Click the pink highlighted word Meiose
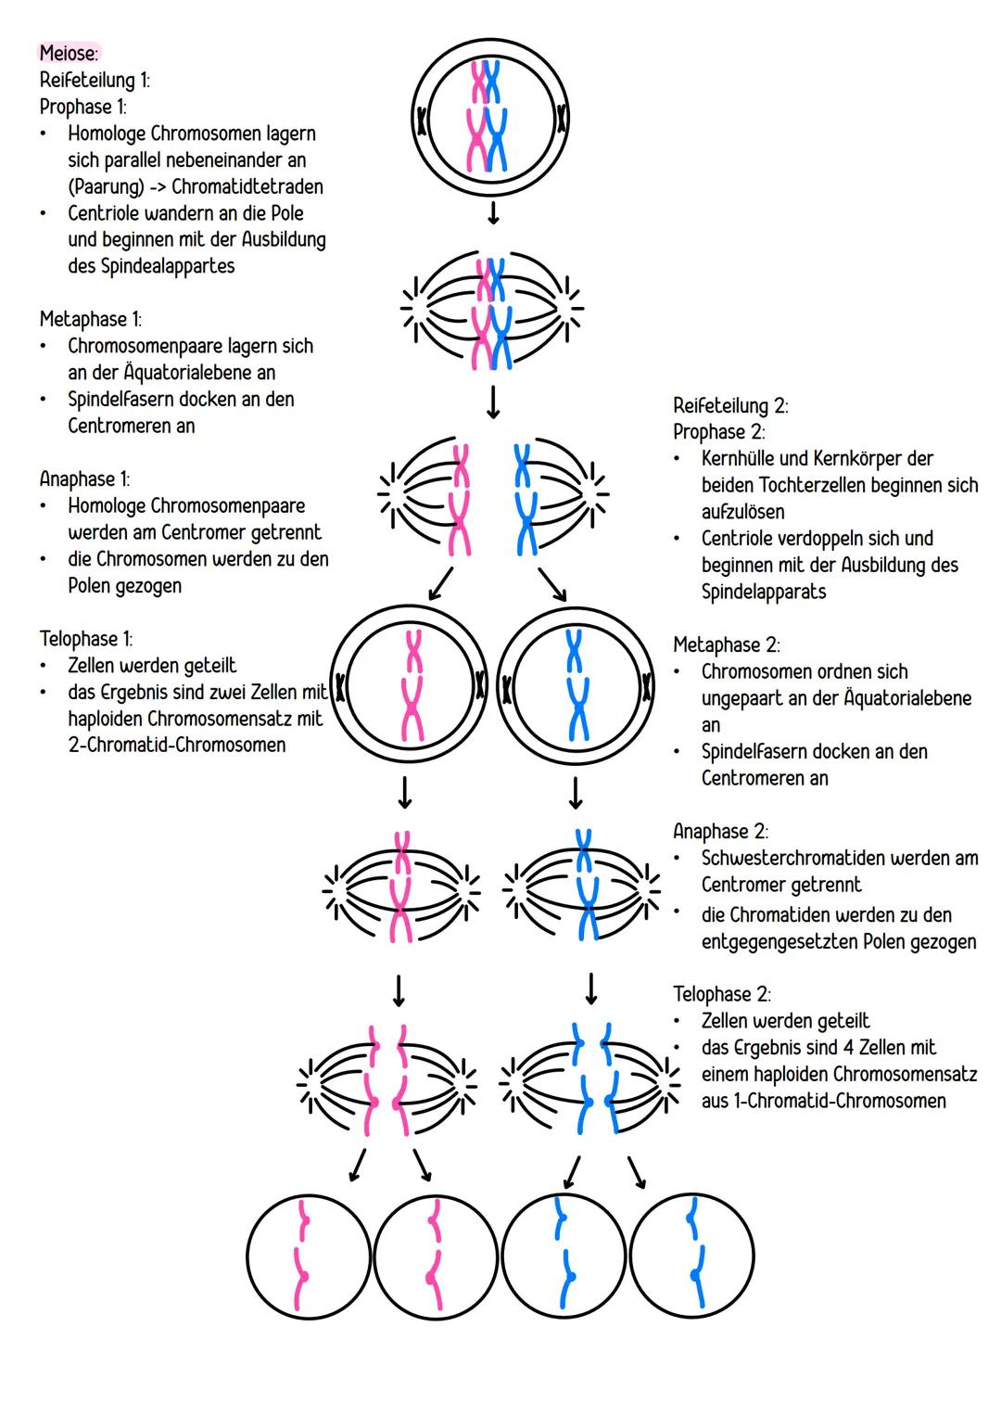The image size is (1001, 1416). (x=69, y=54)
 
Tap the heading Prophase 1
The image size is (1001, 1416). (x=82, y=107)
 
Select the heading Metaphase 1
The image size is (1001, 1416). (x=90, y=319)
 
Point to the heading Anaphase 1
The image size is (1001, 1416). (x=84, y=478)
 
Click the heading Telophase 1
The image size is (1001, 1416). (x=85, y=639)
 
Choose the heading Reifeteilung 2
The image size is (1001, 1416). (x=730, y=405)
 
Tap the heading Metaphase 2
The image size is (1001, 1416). (x=726, y=644)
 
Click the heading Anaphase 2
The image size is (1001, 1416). (x=720, y=832)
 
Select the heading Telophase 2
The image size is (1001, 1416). (x=721, y=994)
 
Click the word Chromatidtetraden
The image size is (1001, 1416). (x=247, y=186)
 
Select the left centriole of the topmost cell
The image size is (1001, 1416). (x=423, y=121)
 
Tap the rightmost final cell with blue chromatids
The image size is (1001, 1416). (x=691, y=1255)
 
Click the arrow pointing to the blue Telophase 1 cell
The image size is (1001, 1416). (x=553, y=584)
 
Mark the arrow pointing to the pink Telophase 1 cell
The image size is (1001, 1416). (x=440, y=584)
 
